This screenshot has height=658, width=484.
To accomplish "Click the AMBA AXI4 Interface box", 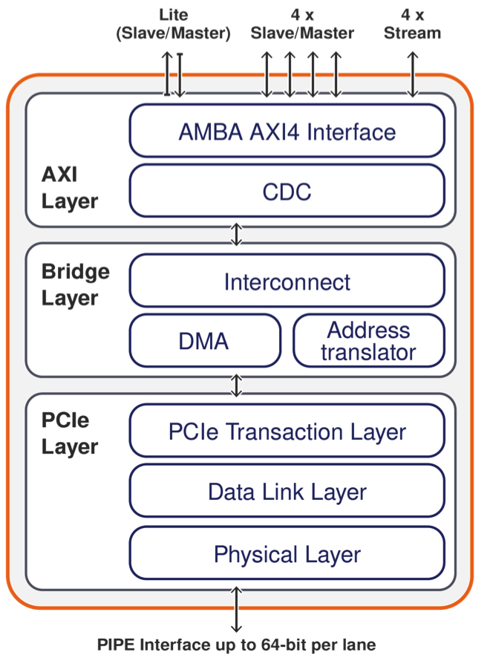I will [x=287, y=132].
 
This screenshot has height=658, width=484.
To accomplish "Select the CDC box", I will [x=287, y=192].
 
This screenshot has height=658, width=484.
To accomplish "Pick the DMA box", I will [x=204, y=341].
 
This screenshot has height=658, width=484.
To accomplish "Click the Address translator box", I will [x=369, y=341].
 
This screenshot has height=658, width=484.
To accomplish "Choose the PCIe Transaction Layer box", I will [x=287, y=431].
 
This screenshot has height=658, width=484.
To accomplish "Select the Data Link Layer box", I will [x=287, y=492].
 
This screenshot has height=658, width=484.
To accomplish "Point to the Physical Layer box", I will [x=287, y=554].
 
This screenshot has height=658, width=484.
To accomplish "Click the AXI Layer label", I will [x=69, y=188].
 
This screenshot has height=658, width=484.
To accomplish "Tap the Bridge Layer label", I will [x=75, y=284].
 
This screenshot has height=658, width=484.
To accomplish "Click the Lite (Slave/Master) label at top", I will [x=174, y=24].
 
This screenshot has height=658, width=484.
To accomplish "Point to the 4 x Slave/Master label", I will [x=302, y=24].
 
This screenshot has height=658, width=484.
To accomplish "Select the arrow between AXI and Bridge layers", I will [x=237, y=234].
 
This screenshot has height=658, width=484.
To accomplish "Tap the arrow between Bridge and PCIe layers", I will [x=237, y=385].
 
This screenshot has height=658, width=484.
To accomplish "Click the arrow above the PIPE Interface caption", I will [x=237, y=610].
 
